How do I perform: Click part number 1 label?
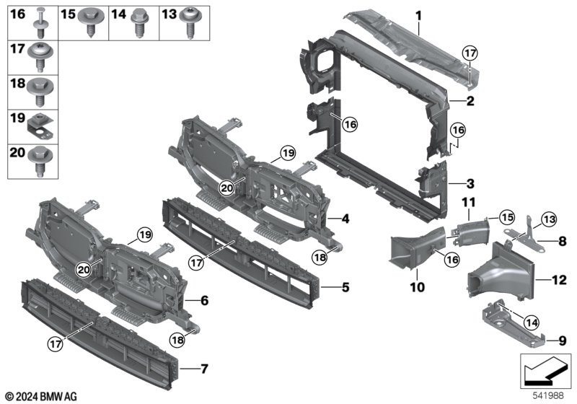(418, 14)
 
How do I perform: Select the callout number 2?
(469, 102)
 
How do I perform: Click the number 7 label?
(204, 369)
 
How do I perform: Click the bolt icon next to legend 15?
(93, 22)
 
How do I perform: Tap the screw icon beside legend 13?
(193, 22)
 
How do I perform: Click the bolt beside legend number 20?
(40, 159)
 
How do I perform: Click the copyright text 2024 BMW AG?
(41, 396)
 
